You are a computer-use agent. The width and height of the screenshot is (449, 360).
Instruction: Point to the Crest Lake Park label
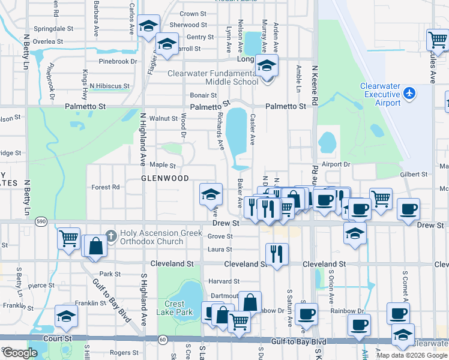coord(178,308)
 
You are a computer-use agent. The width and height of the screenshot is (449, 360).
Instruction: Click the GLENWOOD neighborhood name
coord(165,178)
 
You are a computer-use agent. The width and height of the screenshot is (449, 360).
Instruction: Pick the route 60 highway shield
coord(163,340)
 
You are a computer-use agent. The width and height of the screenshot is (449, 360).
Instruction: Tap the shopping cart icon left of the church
coord(68,238)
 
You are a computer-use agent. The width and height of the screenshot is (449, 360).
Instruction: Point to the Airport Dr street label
coord(335,164)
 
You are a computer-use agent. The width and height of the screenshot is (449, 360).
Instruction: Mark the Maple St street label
coord(162,165)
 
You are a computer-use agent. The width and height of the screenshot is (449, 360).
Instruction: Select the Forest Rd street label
coord(106,187)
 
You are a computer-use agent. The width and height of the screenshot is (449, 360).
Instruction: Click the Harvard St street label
coord(224,281)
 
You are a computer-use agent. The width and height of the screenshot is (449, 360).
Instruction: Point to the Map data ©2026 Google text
coord(412,355)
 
